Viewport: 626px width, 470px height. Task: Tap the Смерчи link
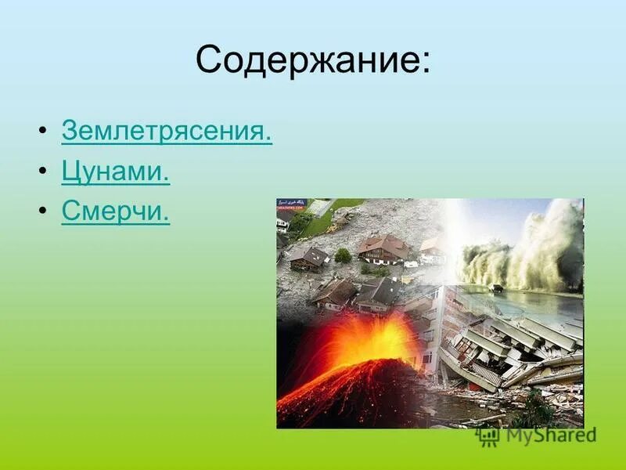pos(115,212)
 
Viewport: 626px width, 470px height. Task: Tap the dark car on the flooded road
pos(496,288)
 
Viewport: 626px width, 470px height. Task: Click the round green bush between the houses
pos(343,255)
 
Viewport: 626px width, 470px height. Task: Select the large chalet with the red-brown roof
pos(383,249)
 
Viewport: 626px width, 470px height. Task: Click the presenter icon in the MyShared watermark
pos(489,436)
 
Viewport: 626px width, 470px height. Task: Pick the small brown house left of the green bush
pos(309,258)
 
